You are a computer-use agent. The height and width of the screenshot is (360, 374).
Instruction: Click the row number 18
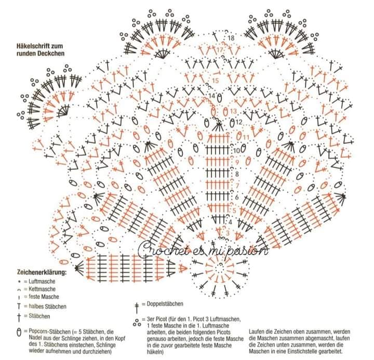(231, 38)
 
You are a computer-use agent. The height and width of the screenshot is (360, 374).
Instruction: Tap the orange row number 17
(220, 50)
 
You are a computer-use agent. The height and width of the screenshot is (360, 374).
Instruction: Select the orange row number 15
(216, 81)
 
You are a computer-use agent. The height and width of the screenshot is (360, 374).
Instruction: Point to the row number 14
(212, 96)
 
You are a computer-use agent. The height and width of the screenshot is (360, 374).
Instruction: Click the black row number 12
(239, 122)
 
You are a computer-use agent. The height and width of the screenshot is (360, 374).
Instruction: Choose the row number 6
(236, 198)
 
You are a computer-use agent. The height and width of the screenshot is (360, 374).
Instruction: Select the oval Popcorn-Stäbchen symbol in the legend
(19, 330)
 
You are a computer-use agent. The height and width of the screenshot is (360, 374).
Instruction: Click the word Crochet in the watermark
(161, 250)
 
